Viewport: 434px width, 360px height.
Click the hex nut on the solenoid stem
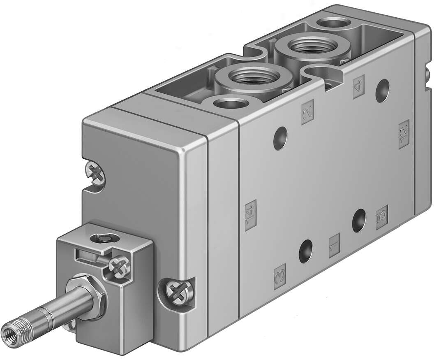87,294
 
